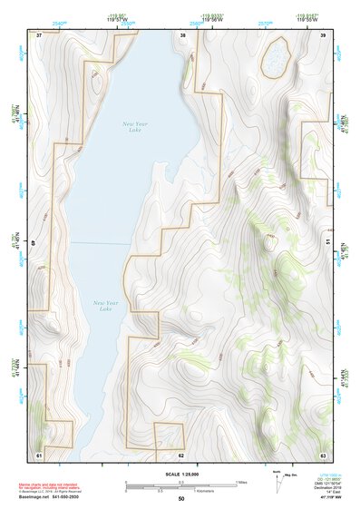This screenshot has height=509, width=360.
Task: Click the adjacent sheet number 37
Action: click(39, 34)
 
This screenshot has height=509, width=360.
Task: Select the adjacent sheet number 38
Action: click(183, 34)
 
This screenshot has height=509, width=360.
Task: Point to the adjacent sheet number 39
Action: click(323, 34)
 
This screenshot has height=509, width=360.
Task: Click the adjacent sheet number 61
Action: click(39, 454)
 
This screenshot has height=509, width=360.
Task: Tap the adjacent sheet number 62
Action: click(181, 455)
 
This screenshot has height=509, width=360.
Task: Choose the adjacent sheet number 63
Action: click(323, 454)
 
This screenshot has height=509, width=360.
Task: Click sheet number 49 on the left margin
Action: click(34, 243)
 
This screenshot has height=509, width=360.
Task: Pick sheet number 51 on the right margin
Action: click(327, 243)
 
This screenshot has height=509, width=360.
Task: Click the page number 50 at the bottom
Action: click(181, 499)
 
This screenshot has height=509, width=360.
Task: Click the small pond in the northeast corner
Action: click(272, 61)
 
